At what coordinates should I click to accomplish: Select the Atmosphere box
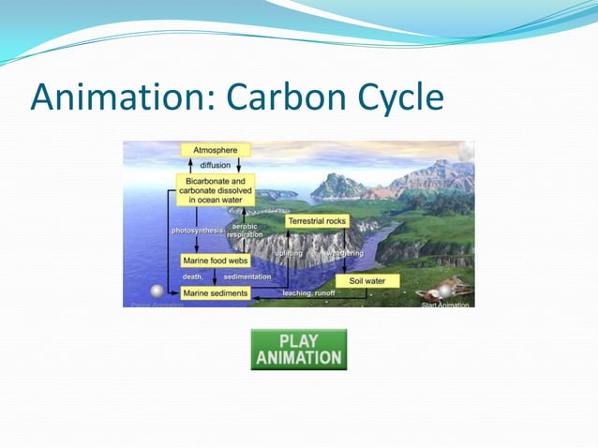click(215, 150)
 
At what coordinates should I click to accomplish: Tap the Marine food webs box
click(215, 261)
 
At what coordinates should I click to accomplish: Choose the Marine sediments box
click(215, 293)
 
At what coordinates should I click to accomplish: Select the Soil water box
click(367, 280)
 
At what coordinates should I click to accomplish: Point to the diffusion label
click(215, 166)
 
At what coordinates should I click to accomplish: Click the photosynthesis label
click(197, 230)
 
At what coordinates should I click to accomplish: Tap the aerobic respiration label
click(245, 231)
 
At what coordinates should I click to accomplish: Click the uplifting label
click(289, 253)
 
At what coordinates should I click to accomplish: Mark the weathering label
click(344, 253)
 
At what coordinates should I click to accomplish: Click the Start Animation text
click(443, 304)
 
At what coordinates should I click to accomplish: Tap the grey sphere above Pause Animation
click(157, 291)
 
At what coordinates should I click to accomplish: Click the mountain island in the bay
click(339, 186)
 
